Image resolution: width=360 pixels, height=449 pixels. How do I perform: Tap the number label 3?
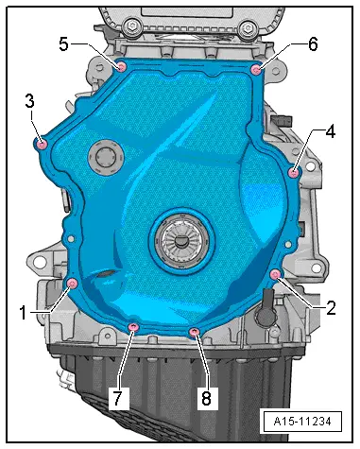(x=30, y=100)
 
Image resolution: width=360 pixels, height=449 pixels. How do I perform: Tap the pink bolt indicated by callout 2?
(x=275, y=274)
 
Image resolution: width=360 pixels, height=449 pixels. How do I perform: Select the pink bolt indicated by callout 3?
(x=41, y=144)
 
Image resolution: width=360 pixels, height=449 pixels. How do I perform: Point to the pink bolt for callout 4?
(x=295, y=172)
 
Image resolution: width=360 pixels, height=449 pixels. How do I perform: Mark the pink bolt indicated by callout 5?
(x=121, y=65)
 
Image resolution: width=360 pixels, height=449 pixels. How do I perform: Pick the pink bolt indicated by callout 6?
(x=256, y=68)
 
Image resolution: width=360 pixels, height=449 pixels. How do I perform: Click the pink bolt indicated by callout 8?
(x=195, y=331)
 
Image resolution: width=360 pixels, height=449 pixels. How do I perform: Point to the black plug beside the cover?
(x=267, y=304)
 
